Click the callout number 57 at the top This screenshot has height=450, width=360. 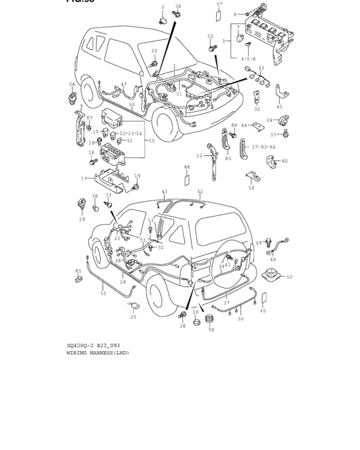(x=219, y=4)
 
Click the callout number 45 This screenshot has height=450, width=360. (x=279, y=107)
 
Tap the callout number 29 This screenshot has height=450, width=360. (x=82, y=219)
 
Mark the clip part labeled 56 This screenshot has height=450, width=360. (x=71, y=97)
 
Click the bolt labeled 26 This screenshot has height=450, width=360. (x=183, y=316)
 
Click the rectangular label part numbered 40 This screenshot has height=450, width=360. (x=263, y=298)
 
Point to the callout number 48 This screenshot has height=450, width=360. (x=273, y=260)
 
